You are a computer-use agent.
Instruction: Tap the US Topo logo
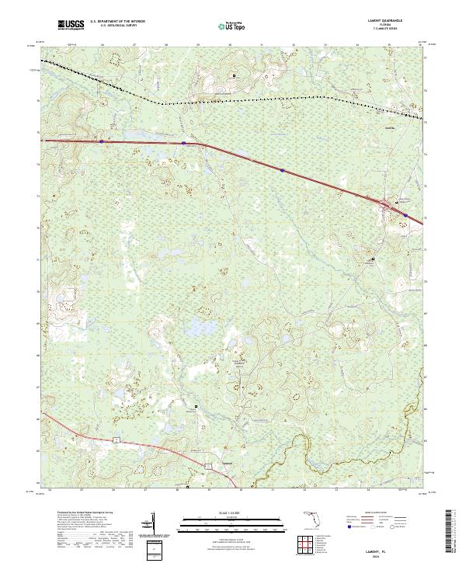[233, 26]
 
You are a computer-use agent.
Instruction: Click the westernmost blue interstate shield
[103, 141]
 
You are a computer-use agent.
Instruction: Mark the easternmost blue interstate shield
[405, 216]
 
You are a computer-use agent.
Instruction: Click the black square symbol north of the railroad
[235, 75]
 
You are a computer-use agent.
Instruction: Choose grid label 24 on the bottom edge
[50, 490]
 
